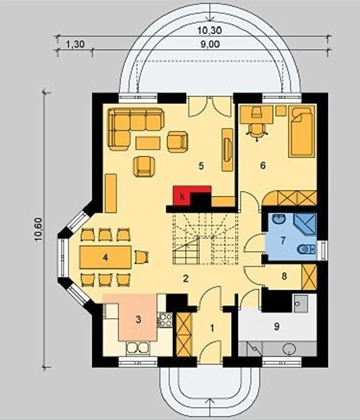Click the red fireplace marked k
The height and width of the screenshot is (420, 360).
(182, 196)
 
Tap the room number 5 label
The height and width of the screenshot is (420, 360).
(201, 166)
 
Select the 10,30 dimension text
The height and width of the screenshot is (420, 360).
(210, 31)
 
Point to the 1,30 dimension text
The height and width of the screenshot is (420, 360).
(75, 44)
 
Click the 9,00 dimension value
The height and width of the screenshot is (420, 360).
(210, 44)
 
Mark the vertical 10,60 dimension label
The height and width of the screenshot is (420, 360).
(38, 229)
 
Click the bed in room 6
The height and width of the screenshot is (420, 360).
(302, 131)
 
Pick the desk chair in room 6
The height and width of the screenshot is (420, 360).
(257, 131)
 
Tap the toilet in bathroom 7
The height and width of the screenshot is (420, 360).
(306, 249)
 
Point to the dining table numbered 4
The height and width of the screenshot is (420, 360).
(105, 258)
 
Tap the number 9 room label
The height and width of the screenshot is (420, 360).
(277, 326)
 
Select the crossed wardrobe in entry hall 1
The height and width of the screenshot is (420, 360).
(184, 334)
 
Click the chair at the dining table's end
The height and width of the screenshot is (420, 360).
(141, 257)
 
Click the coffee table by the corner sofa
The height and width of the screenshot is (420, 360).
(148, 143)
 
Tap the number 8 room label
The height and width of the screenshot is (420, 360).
(284, 276)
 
